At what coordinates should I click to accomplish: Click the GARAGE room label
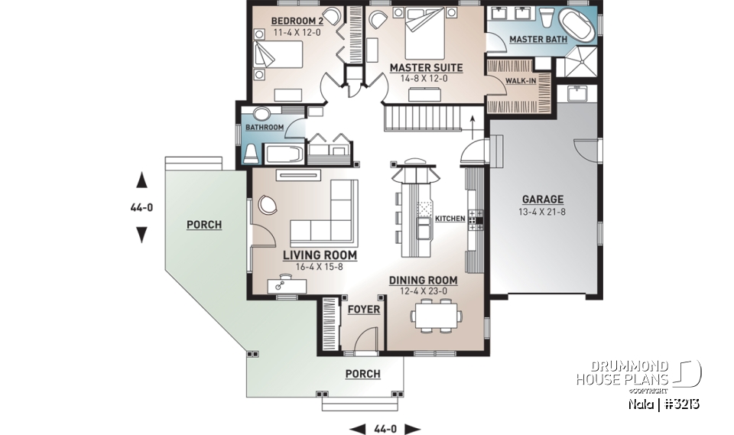(x=542, y=199)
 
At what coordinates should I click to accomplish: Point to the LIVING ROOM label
(x=320, y=255)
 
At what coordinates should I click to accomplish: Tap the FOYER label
(x=363, y=310)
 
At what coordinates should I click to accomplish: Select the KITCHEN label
(x=450, y=219)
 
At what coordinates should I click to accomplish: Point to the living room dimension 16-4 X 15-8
(x=320, y=267)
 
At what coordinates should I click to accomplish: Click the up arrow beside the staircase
(x=473, y=119)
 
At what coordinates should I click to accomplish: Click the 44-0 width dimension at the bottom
(x=385, y=428)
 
